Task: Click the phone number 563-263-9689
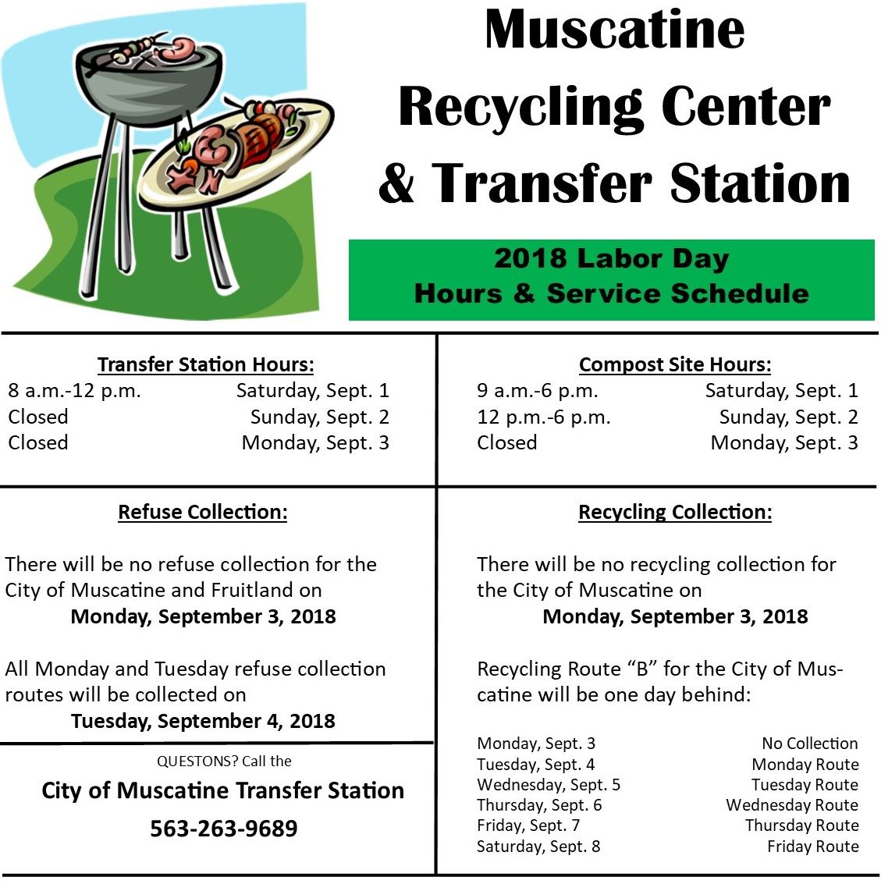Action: coord(224,828)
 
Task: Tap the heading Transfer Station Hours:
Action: coord(206,364)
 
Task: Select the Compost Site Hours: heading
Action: coord(675,364)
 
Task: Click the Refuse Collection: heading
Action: coord(203,512)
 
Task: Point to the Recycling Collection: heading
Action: coord(675,512)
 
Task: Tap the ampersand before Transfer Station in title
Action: coord(397,183)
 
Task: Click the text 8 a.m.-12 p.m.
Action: coord(75,390)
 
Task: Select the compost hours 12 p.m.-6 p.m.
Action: coord(544,417)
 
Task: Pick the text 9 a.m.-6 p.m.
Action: coord(538,390)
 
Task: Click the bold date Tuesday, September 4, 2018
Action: coord(204,720)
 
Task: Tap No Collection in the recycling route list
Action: coord(810,744)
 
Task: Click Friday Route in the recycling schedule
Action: coord(812,847)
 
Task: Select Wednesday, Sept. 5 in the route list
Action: coord(549,785)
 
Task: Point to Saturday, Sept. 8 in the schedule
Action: coord(538,847)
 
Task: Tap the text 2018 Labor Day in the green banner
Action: coord(612,258)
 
